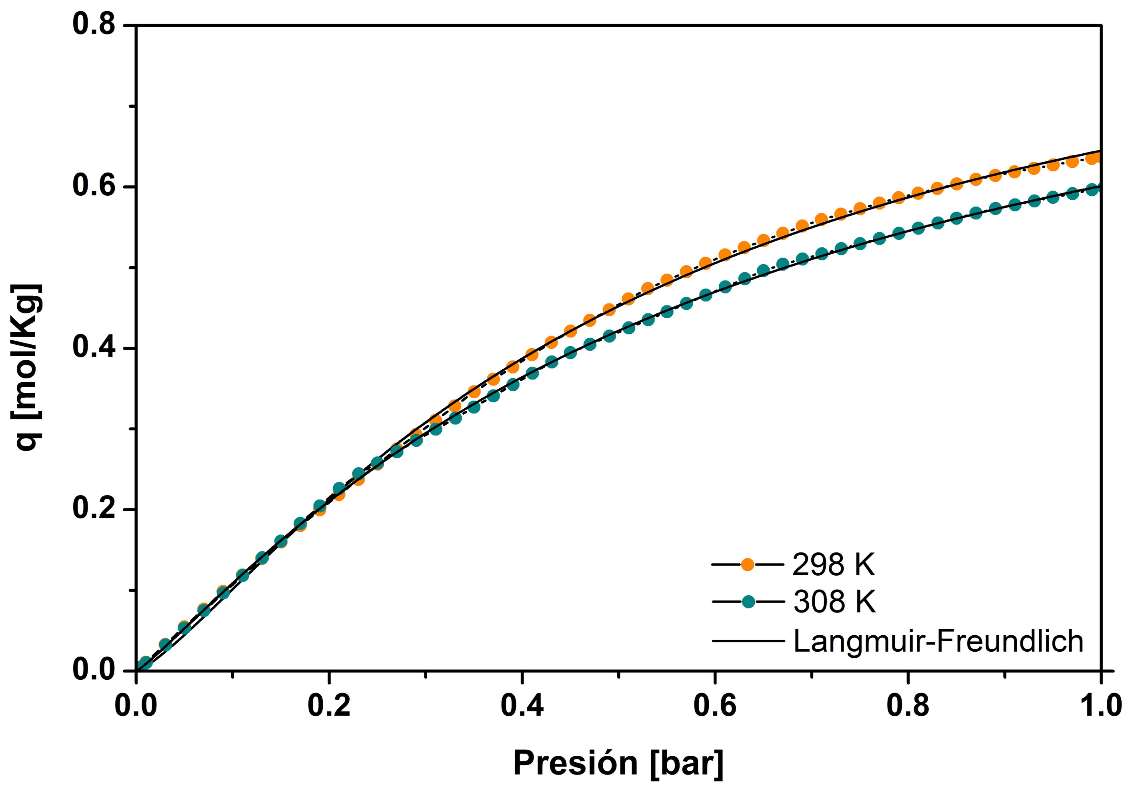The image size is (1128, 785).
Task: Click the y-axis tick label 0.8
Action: (x=94, y=24)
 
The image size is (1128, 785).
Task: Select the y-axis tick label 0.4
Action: (x=94, y=347)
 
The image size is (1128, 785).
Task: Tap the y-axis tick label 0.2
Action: (x=94, y=509)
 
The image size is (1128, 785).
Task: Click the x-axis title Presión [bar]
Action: (x=618, y=763)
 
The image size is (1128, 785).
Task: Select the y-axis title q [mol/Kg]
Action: (x=28, y=367)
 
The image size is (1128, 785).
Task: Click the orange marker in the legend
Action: (x=748, y=564)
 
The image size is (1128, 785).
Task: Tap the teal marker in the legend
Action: (x=748, y=601)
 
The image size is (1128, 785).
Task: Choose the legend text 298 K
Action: (x=834, y=565)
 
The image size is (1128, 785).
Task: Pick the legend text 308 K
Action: (x=834, y=602)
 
